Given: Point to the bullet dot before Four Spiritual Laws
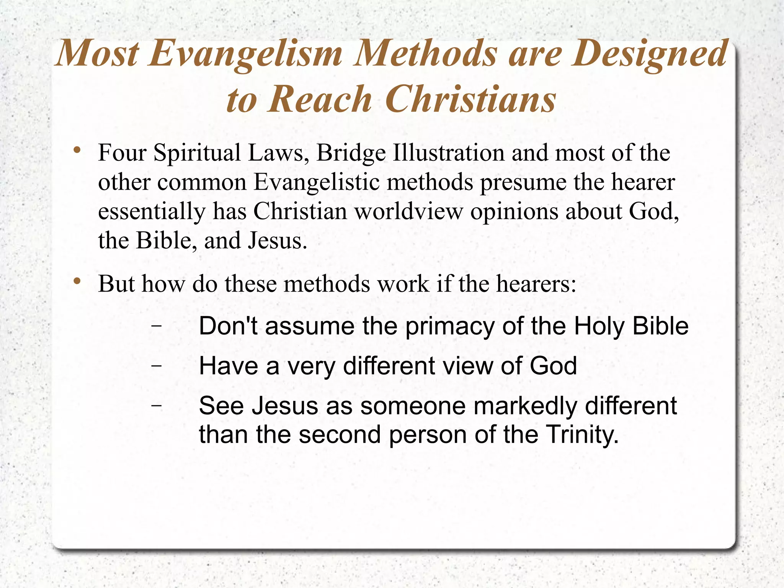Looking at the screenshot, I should pyautogui.click(x=78, y=150).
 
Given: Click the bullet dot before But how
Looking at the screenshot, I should pyautogui.click(x=78, y=281).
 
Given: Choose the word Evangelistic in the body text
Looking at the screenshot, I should pyautogui.click(x=316, y=182).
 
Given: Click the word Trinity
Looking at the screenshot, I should pyautogui.click(x=582, y=435).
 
